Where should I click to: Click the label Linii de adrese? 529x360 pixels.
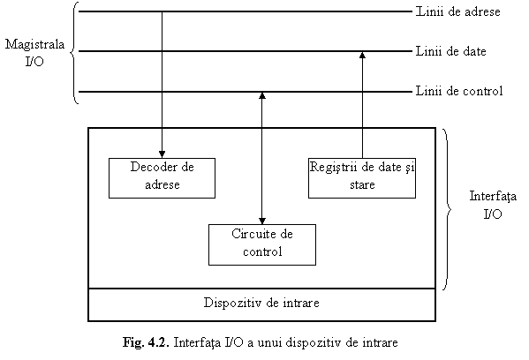tap(457, 11)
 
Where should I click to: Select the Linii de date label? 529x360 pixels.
tap(450, 51)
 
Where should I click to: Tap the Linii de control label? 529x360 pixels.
tap(459, 91)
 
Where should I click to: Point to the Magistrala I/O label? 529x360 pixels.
tap(34, 53)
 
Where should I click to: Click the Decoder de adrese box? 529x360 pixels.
tap(162, 178)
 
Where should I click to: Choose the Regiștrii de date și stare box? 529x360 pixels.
tap(362, 178)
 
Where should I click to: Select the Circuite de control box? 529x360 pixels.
tap(262, 244)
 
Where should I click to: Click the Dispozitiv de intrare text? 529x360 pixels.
tap(261, 303)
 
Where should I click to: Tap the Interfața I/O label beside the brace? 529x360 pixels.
tap(493, 205)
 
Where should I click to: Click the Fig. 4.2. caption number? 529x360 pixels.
tap(146, 342)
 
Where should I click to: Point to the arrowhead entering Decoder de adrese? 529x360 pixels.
tap(162, 154)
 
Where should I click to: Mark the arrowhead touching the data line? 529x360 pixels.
tap(362, 56)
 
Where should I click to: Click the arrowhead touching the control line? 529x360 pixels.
tap(262, 95)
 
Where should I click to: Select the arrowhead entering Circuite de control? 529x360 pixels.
tap(262, 221)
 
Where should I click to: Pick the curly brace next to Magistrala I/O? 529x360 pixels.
tap(74, 53)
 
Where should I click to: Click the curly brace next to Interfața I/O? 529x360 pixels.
tap(448, 208)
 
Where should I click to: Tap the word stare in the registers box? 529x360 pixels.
tap(362, 184)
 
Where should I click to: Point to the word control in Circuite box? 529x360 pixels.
tap(262, 251)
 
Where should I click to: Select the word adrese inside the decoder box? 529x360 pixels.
tap(162, 184)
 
